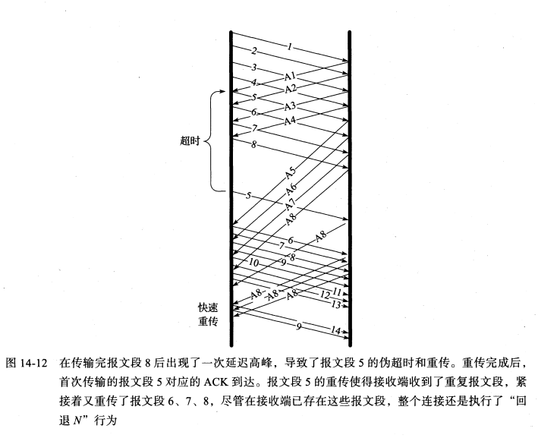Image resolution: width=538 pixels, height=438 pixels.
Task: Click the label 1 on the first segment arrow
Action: click(x=289, y=47)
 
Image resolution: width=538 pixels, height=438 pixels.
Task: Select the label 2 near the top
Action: click(x=254, y=51)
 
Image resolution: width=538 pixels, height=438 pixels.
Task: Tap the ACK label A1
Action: click(x=290, y=77)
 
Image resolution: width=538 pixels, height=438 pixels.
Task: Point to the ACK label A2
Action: click(x=290, y=89)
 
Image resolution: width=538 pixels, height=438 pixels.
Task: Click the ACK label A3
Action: click(x=290, y=106)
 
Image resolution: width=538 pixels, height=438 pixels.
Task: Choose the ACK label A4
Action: click(x=290, y=121)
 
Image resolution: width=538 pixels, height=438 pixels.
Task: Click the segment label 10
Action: click(x=253, y=262)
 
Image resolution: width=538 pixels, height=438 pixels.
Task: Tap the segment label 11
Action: click(x=338, y=291)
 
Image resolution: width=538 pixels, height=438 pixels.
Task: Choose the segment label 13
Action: click(x=336, y=304)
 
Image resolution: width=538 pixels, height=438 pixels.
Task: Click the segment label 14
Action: click(x=336, y=331)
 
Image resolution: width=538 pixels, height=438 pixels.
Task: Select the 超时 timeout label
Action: click(x=190, y=140)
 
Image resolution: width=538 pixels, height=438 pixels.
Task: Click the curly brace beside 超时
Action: click(x=214, y=140)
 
